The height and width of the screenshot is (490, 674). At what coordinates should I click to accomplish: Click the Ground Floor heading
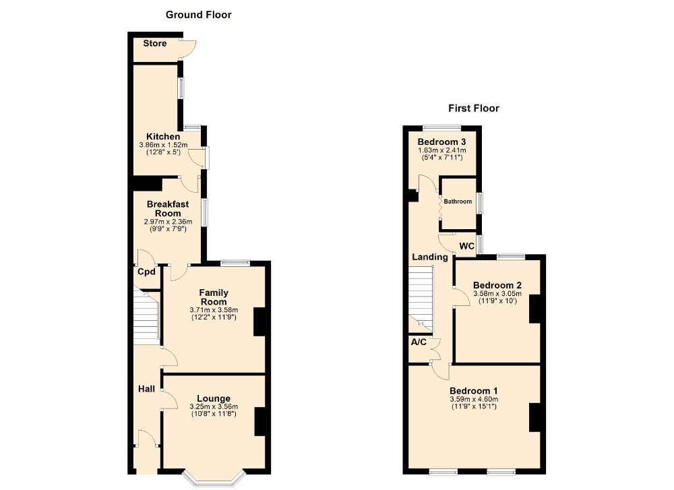(x=198, y=14)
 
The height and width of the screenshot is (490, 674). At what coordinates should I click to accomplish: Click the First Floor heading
(x=473, y=108)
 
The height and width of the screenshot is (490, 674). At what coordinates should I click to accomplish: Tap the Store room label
(x=154, y=44)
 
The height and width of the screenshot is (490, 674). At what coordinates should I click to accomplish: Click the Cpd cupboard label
(x=146, y=272)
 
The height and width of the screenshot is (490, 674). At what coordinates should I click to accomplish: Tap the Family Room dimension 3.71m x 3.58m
(x=213, y=310)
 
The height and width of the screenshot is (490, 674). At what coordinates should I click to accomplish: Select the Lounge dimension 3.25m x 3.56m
(x=213, y=406)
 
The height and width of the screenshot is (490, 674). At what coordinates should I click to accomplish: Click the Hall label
(x=146, y=389)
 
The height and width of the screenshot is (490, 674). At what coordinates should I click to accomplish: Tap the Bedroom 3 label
(x=441, y=141)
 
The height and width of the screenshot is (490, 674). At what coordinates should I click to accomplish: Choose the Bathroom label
(x=458, y=202)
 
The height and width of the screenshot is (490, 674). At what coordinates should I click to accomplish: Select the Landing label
(x=430, y=257)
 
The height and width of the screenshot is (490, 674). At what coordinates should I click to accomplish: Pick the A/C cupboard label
(x=419, y=342)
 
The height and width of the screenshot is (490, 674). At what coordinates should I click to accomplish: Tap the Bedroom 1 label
(x=474, y=391)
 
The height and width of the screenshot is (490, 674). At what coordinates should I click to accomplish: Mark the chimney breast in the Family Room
(x=259, y=321)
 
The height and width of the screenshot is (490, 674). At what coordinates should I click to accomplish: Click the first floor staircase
(x=421, y=297)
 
